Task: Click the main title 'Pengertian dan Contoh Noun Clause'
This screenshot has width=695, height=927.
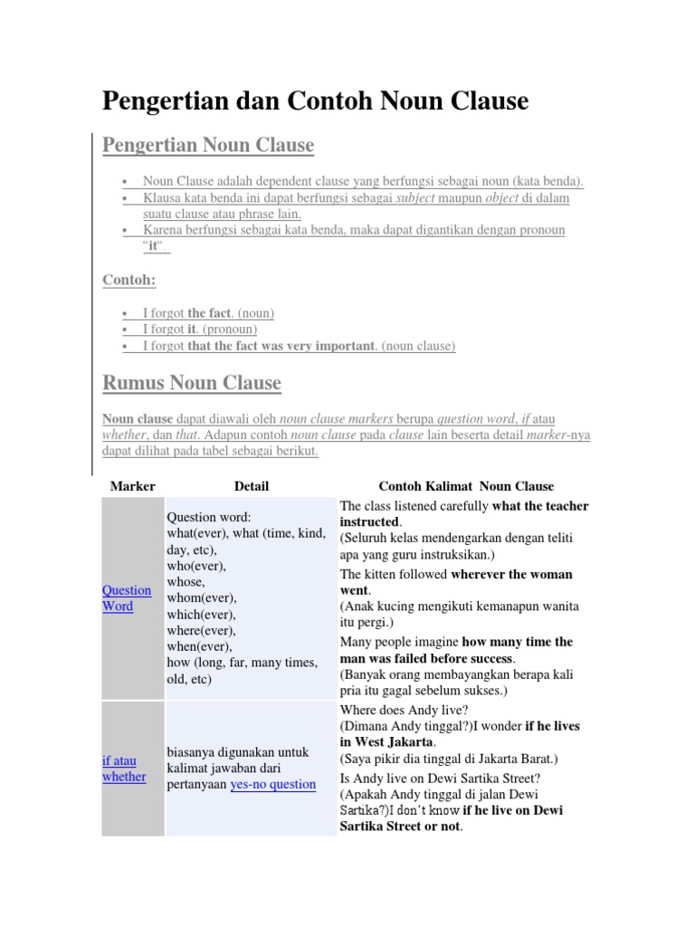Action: (315, 100)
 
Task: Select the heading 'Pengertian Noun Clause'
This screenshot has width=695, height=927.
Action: (208, 145)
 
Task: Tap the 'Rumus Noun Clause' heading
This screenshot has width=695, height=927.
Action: (192, 383)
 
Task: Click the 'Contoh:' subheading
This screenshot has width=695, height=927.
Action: (129, 281)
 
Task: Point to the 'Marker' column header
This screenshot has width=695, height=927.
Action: (133, 486)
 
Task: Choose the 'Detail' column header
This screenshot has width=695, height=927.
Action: (251, 486)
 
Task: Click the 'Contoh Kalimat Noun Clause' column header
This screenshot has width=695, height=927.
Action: (466, 486)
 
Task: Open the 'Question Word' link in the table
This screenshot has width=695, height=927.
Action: (127, 598)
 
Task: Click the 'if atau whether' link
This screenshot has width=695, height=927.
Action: (124, 769)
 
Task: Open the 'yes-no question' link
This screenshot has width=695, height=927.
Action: (273, 784)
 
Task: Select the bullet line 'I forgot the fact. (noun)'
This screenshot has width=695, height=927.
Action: (208, 313)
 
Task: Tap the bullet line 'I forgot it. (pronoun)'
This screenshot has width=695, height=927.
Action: (200, 330)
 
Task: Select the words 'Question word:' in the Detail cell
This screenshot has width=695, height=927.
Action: (209, 517)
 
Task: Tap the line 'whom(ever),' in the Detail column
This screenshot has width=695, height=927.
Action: (201, 597)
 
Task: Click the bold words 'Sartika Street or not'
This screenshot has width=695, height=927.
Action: (401, 826)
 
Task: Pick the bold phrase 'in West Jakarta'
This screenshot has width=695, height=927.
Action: (386, 742)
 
